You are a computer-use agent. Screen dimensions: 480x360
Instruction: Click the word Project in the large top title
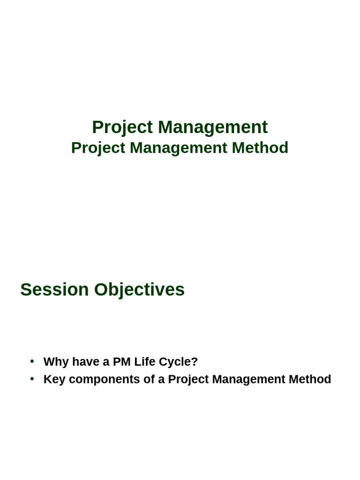(x=122, y=127)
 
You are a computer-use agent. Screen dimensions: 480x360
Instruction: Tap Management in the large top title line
(x=212, y=127)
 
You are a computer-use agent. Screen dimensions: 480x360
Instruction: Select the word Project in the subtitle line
(x=98, y=148)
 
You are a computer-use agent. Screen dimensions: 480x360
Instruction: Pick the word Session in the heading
(x=54, y=290)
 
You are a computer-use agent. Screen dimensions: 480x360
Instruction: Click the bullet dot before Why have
(x=32, y=361)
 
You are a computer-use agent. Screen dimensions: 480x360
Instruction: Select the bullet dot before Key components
(x=32, y=378)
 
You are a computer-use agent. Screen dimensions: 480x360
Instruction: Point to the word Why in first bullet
(x=56, y=362)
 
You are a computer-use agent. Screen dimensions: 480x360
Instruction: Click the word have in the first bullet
(x=85, y=362)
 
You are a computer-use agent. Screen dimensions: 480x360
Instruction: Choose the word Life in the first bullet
(x=145, y=362)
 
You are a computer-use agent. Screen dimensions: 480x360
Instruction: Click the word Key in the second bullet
(x=54, y=379)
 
